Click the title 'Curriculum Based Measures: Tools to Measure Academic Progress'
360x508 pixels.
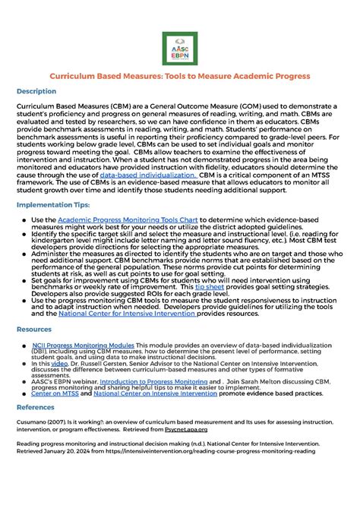[x=179, y=77]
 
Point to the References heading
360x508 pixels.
[x=36, y=406]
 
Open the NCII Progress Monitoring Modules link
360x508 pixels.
[x=84, y=344]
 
